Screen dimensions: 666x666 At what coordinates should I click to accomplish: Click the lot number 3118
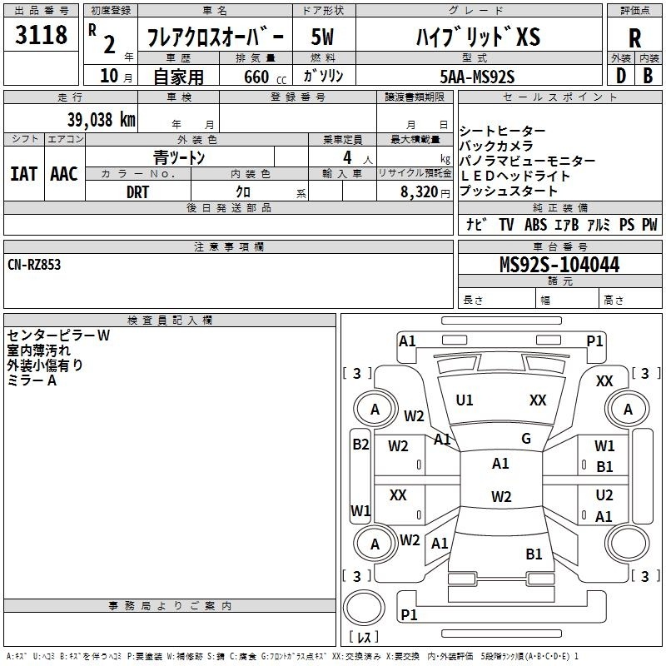(41, 34)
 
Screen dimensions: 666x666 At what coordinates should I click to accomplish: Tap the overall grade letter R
(634, 38)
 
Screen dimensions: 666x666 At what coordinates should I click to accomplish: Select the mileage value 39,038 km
(102, 120)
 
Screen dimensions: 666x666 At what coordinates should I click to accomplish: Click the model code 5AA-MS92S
(477, 77)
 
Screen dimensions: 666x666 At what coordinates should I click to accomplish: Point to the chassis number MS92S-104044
(559, 264)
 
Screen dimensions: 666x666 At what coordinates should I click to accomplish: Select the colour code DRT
(137, 192)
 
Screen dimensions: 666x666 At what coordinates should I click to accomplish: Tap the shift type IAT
(23, 174)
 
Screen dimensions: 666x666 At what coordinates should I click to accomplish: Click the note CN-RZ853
(34, 265)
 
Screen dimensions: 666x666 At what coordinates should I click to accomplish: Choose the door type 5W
(322, 37)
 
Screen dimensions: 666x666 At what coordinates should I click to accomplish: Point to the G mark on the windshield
(526, 438)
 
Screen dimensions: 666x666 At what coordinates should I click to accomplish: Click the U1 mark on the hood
(464, 400)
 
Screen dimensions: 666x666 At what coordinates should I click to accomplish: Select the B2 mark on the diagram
(360, 445)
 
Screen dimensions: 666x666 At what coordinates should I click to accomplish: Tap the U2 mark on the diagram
(604, 495)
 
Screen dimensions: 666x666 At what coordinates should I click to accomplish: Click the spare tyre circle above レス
(364, 608)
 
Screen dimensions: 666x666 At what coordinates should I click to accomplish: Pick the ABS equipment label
(535, 224)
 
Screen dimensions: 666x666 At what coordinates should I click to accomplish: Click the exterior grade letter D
(621, 76)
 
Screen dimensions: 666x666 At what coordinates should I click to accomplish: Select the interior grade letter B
(648, 76)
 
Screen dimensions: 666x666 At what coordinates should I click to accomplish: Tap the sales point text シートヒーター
(503, 131)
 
